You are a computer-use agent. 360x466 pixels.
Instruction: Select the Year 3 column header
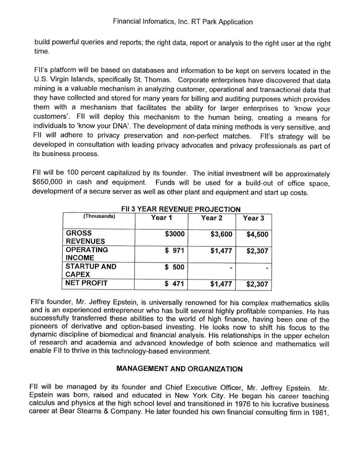[x=254, y=217]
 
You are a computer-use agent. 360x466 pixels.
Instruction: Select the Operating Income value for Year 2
[x=222, y=251]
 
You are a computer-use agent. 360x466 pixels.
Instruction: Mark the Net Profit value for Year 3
[x=257, y=284]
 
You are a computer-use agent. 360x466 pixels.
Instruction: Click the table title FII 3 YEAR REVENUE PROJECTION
[x=181, y=209]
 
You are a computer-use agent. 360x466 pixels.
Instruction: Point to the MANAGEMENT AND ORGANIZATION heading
[x=179, y=368]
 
